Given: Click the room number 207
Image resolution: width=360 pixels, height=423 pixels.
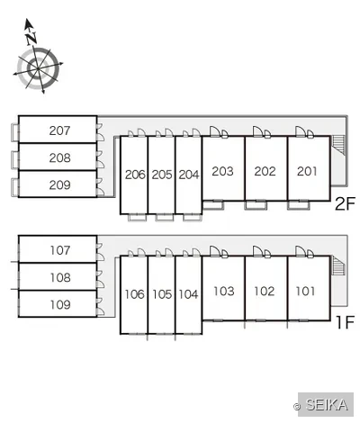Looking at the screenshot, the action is tap(59, 130).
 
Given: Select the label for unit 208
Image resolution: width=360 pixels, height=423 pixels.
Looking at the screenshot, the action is tap(59, 157).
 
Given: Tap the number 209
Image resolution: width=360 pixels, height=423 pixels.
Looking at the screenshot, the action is tap(59, 184).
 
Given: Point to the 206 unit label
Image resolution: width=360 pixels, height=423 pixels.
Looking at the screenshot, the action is tap(135, 175).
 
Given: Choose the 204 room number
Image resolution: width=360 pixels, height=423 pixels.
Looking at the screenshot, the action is tap(189, 175).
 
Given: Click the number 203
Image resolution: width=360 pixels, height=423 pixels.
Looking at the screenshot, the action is tap(222, 171).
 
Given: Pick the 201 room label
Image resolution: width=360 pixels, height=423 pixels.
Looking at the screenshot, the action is tap(307, 171).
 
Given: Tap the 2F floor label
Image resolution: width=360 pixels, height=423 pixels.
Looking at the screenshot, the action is tap(345, 203).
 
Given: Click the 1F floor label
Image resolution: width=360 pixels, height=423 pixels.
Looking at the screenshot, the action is tap(346, 322).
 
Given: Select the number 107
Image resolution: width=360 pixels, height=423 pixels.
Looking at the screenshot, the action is tap(60, 250).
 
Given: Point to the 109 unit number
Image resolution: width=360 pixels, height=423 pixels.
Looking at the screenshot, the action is tap(60, 305).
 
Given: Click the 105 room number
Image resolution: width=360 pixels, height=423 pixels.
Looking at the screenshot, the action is tap(162, 294).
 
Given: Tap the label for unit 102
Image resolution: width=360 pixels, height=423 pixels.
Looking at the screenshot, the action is tap(265, 292).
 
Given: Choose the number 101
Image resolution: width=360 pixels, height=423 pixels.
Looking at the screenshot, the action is tap(305, 292).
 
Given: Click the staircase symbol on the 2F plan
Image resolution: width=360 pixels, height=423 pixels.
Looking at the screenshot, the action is tap(338, 146).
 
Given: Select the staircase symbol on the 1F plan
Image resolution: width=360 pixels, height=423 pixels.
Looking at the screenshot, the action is tap(338, 265).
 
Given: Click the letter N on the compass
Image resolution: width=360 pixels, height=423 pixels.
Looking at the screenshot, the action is tap(31, 39).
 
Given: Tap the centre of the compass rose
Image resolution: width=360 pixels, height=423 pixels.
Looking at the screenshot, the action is tap(38, 69).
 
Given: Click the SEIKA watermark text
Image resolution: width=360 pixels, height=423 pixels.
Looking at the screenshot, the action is tap(327, 405).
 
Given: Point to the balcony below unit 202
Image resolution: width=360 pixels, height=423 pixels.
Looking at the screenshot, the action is tap(256, 205).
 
